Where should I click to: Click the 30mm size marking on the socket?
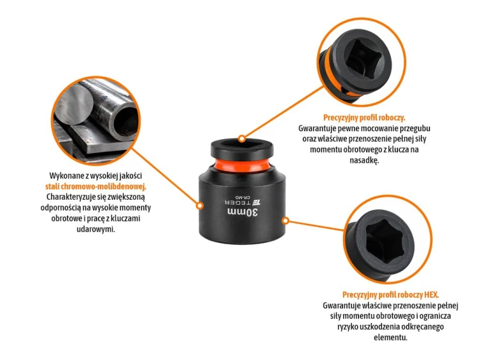pos(243,212)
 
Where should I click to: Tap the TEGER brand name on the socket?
pos(238,202)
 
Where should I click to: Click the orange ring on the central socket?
pos(241,164)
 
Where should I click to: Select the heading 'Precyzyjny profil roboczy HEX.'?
pos(390,295)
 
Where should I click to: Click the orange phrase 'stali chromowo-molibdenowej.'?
pos(95,186)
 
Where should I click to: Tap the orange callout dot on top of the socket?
pos(242,139)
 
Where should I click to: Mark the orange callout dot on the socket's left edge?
pos(200,206)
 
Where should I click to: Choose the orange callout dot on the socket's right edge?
pos(285,220)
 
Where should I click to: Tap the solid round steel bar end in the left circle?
pos(74,104)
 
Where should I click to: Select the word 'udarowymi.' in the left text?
pos(96,229)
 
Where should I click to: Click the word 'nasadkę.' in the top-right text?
pos(364,160)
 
